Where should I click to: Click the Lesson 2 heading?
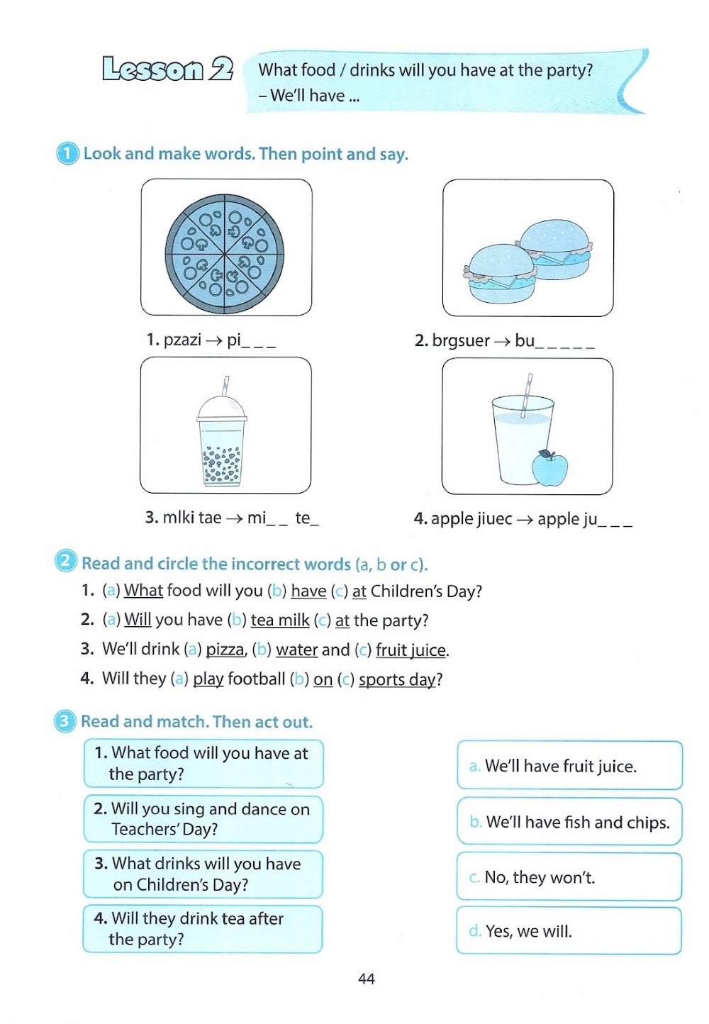coord(167,69)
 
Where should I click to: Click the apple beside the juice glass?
coord(549,468)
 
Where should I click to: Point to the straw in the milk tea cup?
coord(225,386)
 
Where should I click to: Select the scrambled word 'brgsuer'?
coord(461,341)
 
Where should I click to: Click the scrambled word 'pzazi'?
coord(182,340)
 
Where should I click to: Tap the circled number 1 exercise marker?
coord(67,153)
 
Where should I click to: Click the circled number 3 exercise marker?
coord(65,721)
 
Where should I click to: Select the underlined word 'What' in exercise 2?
coord(143,591)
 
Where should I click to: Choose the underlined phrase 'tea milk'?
coord(280,620)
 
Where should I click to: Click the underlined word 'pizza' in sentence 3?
coord(225,650)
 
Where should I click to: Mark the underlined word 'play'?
coord(208,679)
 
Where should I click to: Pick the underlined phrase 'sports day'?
coord(397,679)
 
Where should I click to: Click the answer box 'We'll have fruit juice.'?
coord(569,766)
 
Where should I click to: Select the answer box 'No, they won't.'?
coord(569,877)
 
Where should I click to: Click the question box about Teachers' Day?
coord(203,819)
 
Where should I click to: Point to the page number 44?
coord(367,979)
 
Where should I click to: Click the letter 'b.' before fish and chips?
coord(476,822)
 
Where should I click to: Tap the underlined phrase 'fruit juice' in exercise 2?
coord(411,650)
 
